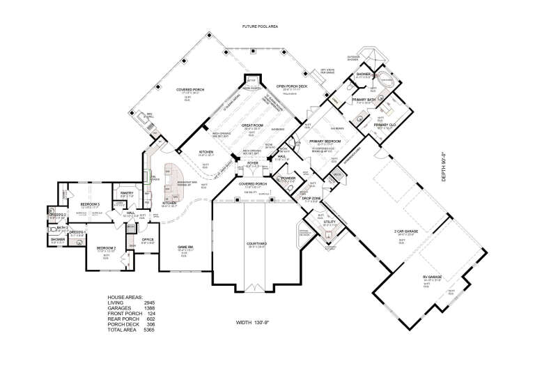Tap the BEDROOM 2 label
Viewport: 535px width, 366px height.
(105, 247)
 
